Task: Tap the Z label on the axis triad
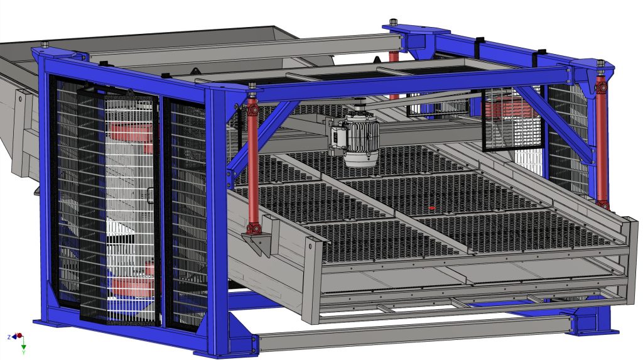pos(9,337)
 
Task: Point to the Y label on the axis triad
pos(23,352)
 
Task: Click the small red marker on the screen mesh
pos(431,208)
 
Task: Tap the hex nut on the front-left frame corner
pos(45,45)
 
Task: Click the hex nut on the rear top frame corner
pos(393,22)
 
